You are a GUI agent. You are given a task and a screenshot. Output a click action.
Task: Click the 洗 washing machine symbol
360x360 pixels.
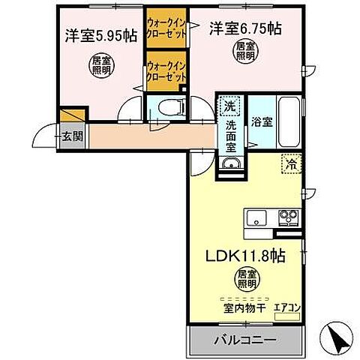point(229,104)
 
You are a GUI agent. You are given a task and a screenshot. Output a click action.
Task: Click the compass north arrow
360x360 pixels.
point(336,337)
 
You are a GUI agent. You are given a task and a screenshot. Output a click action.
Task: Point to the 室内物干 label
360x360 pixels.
point(241,306)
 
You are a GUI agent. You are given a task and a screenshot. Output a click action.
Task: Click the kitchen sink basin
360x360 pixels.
point(256,218)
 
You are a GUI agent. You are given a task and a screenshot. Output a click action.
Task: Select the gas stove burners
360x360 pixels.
point(287,218)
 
